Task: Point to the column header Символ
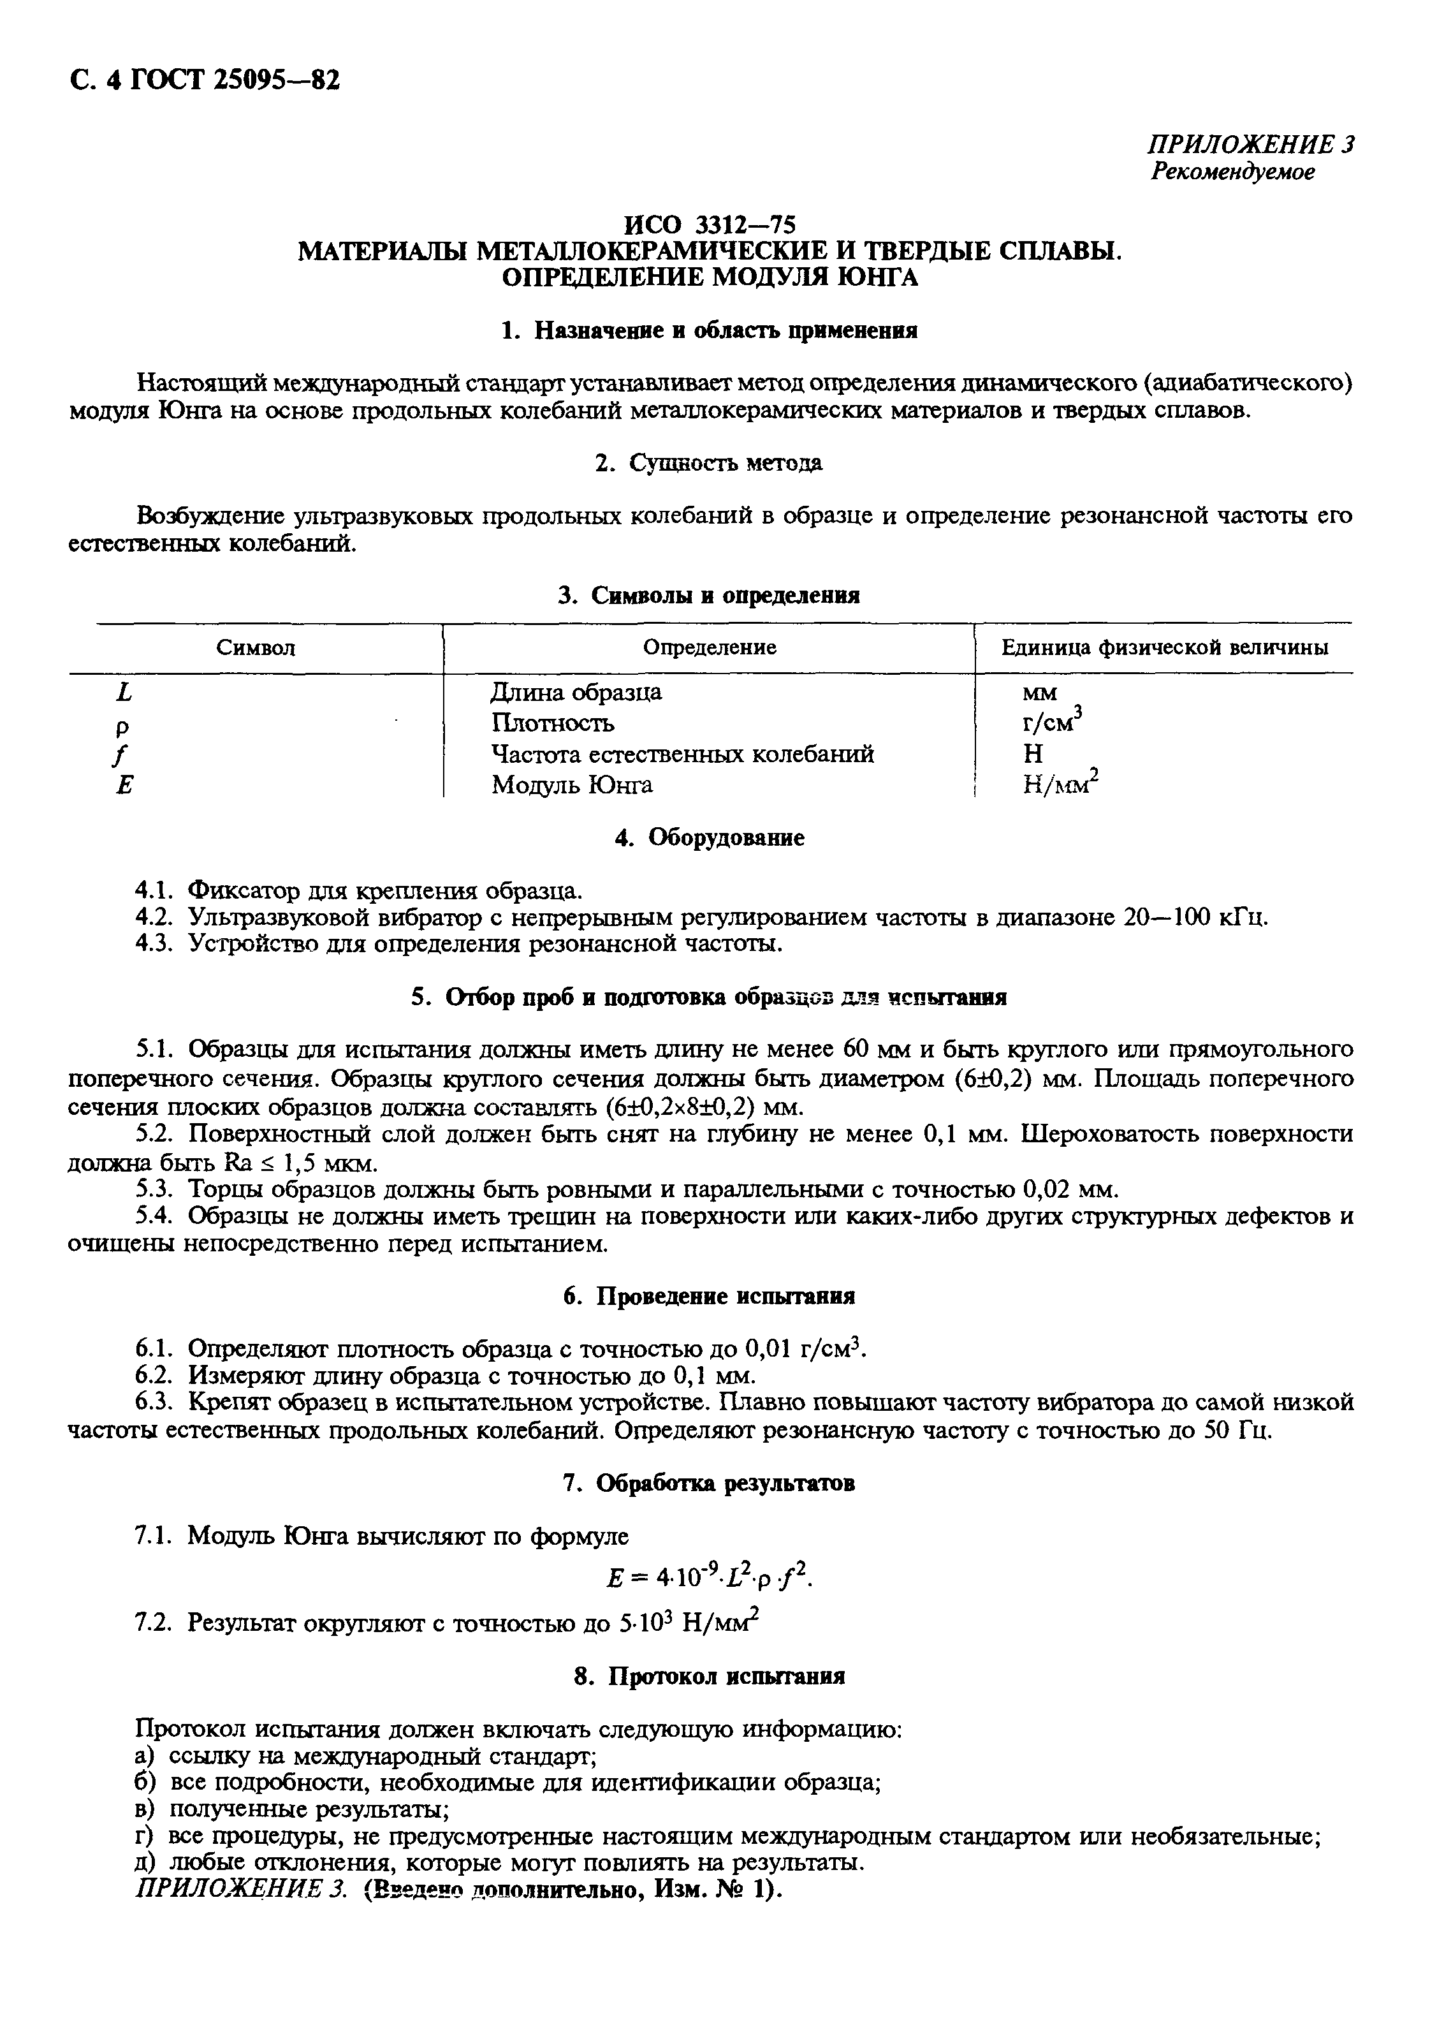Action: point(256,648)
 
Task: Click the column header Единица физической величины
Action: point(1163,648)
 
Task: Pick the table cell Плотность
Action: point(552,723)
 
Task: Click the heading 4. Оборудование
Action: point(710,837)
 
